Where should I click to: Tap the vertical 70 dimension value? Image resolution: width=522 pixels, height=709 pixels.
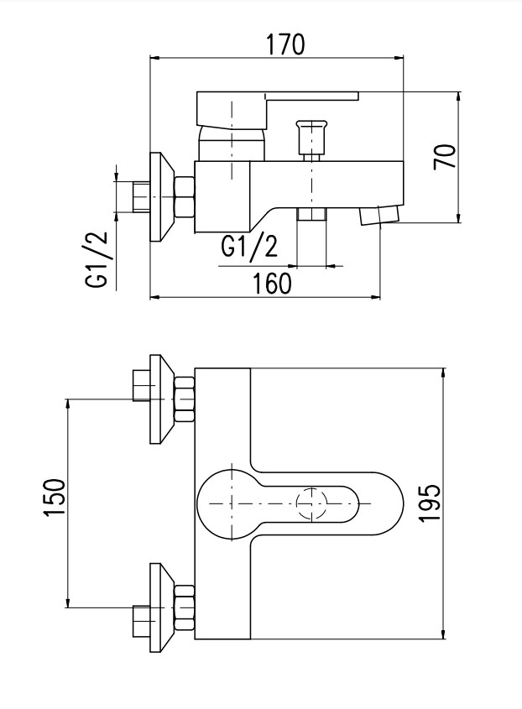click(445, 156)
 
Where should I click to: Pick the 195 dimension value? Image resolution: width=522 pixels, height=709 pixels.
click(429, 503)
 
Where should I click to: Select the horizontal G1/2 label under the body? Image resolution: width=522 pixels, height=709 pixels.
click(249, 246)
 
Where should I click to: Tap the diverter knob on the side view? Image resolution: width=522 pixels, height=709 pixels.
click(310, 135)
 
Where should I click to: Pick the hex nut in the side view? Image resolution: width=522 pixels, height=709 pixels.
click(183, 197)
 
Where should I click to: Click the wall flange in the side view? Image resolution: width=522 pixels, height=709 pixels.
click(159, 197)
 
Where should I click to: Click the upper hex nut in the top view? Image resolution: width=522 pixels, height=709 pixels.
click(183, 399)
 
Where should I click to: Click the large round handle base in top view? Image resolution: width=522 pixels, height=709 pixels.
click(226, 502)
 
